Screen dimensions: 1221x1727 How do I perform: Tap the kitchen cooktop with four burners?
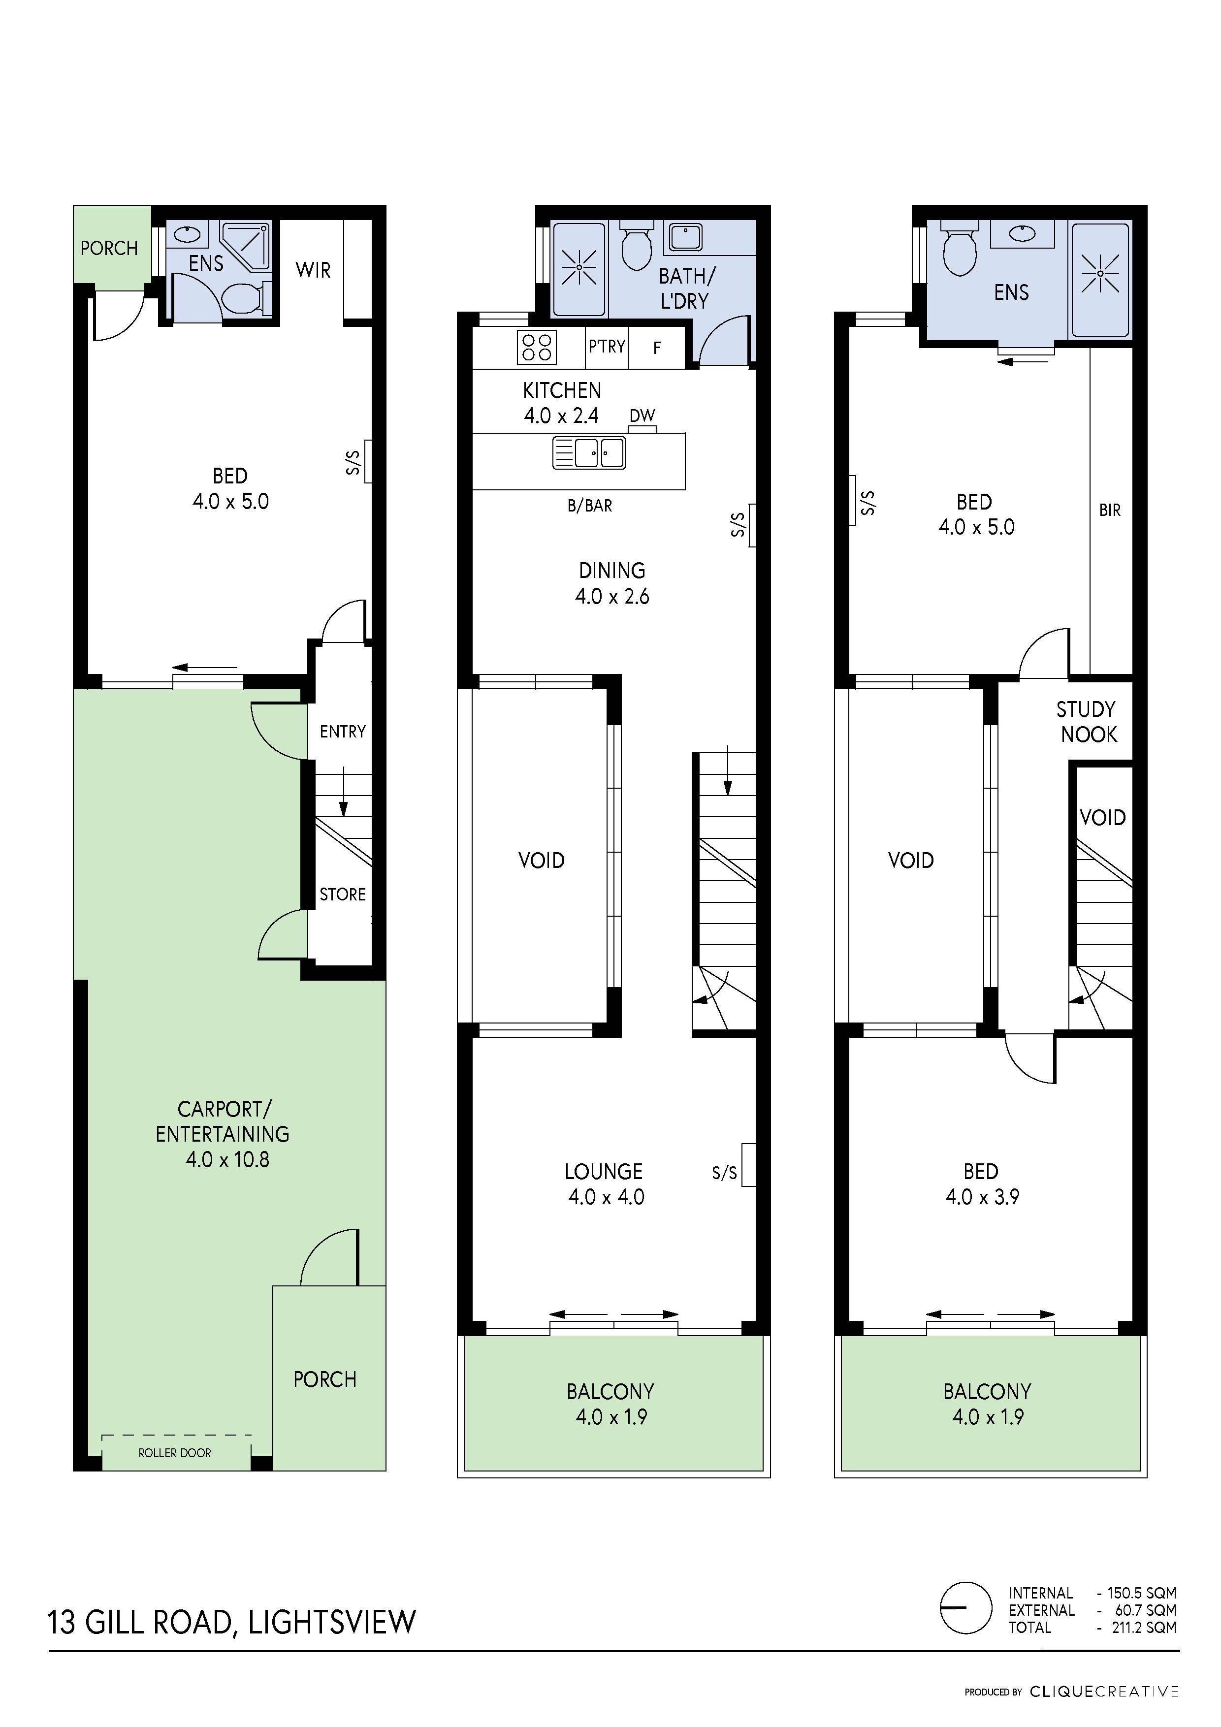(x=536, y=348)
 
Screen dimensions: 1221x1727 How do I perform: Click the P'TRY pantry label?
(x=607, y=347)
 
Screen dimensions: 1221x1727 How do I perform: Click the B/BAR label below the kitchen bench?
(x=590, y=506)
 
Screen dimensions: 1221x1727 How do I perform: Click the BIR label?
(x=1110, y=510)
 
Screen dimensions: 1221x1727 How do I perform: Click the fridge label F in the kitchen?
(x=657, y=348)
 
